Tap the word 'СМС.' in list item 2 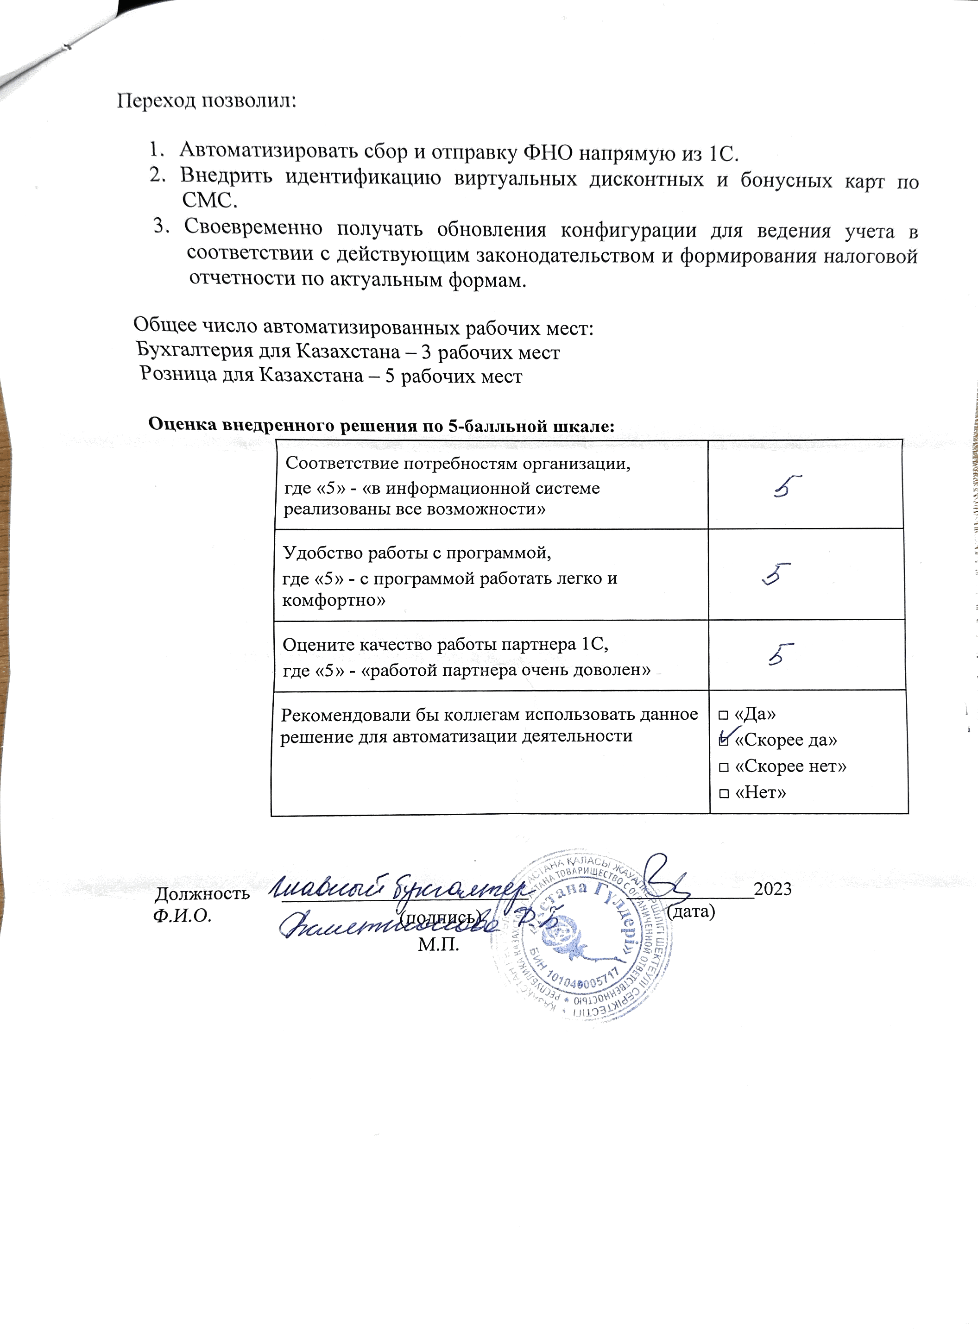pos(209,201)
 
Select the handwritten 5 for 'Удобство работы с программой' pos(777,574)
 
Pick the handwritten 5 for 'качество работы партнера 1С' pos(781,655)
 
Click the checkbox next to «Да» pos(724,716)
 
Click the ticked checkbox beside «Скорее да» pos(724,740)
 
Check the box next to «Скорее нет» pos(724,767)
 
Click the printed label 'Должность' pos(202,893)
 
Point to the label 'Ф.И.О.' pos(182,916)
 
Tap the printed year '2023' pos(773,889)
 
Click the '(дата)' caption pos(691,911)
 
